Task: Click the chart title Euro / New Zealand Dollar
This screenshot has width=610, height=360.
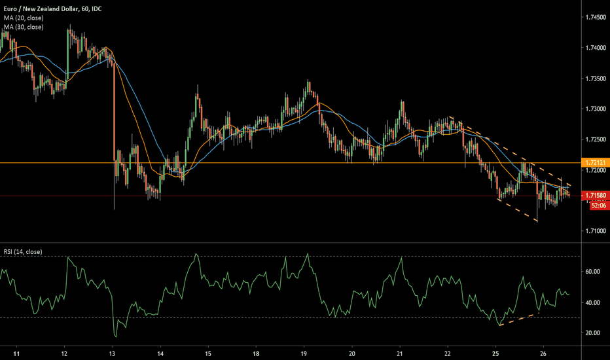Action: point(41,9)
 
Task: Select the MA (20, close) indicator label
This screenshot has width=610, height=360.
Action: point(24,18)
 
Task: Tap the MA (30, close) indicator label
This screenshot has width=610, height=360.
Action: point(24,27)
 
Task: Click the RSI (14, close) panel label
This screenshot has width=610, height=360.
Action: point(23,252)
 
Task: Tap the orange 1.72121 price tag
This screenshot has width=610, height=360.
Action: point(595,162)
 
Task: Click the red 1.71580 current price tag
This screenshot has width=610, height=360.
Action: point(595,195)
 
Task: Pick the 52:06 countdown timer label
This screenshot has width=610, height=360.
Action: point(599,205)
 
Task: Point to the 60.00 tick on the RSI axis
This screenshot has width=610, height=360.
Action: point(592,272)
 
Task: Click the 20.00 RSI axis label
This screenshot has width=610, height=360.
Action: point(592,333)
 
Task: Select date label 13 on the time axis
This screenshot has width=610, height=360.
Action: point(112,353)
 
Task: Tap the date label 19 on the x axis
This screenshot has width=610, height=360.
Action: point(304,353)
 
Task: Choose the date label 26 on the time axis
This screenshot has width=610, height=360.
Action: point(543,353)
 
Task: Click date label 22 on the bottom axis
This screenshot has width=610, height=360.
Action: point(448,353)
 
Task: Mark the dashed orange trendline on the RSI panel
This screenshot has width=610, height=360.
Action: point(520,319)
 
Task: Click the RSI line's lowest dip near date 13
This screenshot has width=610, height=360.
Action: point(116,336)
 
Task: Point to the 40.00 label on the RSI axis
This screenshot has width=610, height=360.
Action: point(592,302)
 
